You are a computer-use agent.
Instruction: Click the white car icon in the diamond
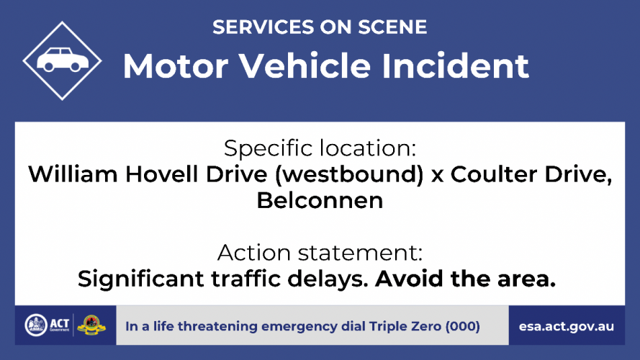63,60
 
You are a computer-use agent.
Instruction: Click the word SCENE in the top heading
392,27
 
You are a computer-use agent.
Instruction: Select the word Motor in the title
176,66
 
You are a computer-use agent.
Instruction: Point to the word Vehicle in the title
305,66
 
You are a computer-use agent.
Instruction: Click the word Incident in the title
455,66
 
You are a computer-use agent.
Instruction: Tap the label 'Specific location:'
320,148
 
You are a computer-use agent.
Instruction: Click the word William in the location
73,174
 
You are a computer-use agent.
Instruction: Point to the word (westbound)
349,175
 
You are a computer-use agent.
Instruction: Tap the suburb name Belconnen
320,200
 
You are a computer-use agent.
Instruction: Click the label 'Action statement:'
320,253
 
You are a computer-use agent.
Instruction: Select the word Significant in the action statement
141,279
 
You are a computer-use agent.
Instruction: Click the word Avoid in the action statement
409,279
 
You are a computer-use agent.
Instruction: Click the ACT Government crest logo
36,325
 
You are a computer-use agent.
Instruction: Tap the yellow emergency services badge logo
91,325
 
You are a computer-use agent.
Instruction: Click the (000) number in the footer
462,327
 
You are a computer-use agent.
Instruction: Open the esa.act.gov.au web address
567,327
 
